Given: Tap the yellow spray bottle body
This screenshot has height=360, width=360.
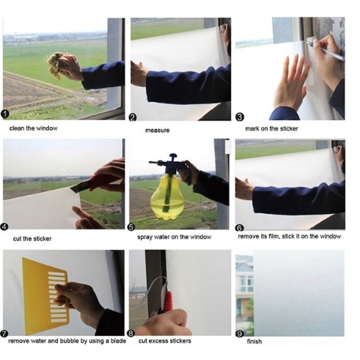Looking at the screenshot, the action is (167, 197).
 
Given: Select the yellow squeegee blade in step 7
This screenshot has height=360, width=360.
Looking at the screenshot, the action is (45, 296).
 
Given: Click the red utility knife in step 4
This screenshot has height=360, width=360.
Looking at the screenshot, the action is (95, 183).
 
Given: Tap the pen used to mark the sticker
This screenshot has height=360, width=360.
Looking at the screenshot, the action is (325, 51).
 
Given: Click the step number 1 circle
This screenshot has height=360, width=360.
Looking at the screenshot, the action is (5, 114).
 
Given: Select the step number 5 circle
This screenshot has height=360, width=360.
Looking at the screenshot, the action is (131, 227).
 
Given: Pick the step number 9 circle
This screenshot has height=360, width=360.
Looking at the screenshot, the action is (239, 334).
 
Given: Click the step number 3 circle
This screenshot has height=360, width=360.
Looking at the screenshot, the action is (240, 117).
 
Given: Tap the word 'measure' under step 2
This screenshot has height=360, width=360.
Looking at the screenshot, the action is (158, 131).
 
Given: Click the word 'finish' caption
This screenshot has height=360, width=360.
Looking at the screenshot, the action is (254, 341).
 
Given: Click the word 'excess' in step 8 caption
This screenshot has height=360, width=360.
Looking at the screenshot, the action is (158, 341).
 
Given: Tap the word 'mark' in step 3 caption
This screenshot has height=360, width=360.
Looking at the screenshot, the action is (252, 128).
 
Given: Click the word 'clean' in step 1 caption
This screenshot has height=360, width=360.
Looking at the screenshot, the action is (16, 128).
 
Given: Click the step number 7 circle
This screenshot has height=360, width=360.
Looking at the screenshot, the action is (4, 334).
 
